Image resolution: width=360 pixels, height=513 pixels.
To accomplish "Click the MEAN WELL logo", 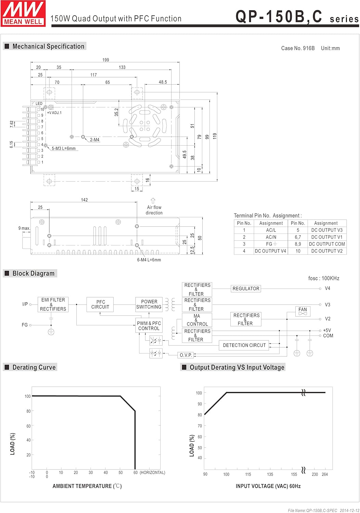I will coord(23,14).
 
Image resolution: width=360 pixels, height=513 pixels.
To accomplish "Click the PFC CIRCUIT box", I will coord(100,304).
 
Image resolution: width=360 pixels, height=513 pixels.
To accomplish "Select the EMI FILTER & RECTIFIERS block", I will coord(53,304).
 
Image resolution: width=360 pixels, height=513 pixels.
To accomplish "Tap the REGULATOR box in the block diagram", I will coord(246,289).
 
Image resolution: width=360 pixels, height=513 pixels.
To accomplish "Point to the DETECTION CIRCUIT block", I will coord(244,345).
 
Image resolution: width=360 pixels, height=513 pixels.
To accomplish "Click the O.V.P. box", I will coord(186,355).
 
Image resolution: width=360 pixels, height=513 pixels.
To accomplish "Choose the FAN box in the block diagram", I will coord(303,311).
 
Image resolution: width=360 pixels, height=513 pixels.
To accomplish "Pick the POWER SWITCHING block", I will coord(149,304).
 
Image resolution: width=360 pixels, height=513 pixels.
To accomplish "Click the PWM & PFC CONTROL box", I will coord(149,326).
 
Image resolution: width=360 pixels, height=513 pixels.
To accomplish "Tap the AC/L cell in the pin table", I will coord(271,230).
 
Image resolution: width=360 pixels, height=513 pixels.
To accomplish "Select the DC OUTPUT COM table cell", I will coord(327,244).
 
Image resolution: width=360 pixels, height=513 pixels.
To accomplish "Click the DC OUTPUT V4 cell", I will coord(270,251).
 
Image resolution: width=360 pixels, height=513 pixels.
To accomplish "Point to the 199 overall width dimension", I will coord(106,60).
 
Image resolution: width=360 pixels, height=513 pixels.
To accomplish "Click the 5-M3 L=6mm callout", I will coord(64,148).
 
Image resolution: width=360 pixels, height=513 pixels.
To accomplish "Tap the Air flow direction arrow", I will coord(153,201).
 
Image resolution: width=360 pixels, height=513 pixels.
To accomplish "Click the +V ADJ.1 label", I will coord(54,113).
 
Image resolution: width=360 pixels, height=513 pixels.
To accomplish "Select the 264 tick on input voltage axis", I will coord(325,474).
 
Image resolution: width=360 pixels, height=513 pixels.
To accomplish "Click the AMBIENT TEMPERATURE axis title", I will coord(87,486).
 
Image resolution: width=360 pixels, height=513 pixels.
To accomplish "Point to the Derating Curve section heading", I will coord(34,367).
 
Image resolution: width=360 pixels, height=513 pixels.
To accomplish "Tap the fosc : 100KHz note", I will coord(324,278).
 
